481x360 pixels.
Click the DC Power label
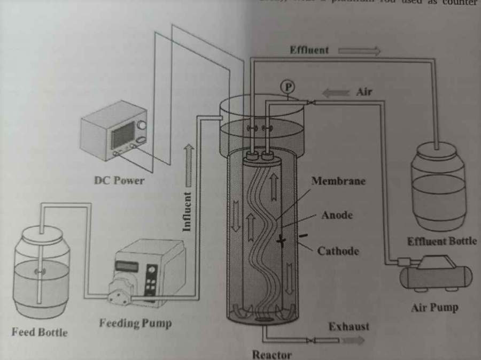click(x=119, y=180)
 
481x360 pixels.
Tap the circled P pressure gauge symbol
click(x=288, y=86)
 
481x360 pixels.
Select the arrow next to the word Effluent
click(x=359, y=51)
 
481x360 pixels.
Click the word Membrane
click(x=338, y=181)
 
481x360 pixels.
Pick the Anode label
click(x=337, y=215)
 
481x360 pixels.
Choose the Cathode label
click(x=338, y=250)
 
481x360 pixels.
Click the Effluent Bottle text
click(x=441, y=241)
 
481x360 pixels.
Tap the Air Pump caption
click(x=435, y=308)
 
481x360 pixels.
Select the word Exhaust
click(x=348, y=326)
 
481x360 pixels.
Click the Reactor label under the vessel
click(x=272, y=354)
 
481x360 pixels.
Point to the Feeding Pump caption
click(x=135, y=323)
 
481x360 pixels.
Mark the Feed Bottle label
click(x=40, y=332)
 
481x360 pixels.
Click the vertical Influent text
click(x=187, y=211)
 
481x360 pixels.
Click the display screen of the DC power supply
click(x=123, y=134)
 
